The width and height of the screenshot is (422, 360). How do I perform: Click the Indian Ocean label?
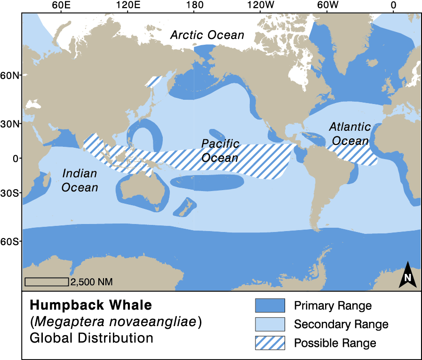tap(80, 180)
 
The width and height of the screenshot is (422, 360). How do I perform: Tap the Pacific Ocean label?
tap(220, 150)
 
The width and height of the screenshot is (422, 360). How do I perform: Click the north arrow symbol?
tap(407, 275)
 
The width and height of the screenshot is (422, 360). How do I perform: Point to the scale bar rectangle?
tap(47, 282)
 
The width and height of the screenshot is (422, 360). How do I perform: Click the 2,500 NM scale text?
tap(92, 282)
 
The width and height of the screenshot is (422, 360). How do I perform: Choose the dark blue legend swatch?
tap(270, 305)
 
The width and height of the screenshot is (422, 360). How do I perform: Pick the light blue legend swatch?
tap(270, 324)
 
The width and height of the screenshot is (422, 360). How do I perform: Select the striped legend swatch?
tap(270, 343)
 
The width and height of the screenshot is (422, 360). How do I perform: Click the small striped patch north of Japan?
tap(154, 81)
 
